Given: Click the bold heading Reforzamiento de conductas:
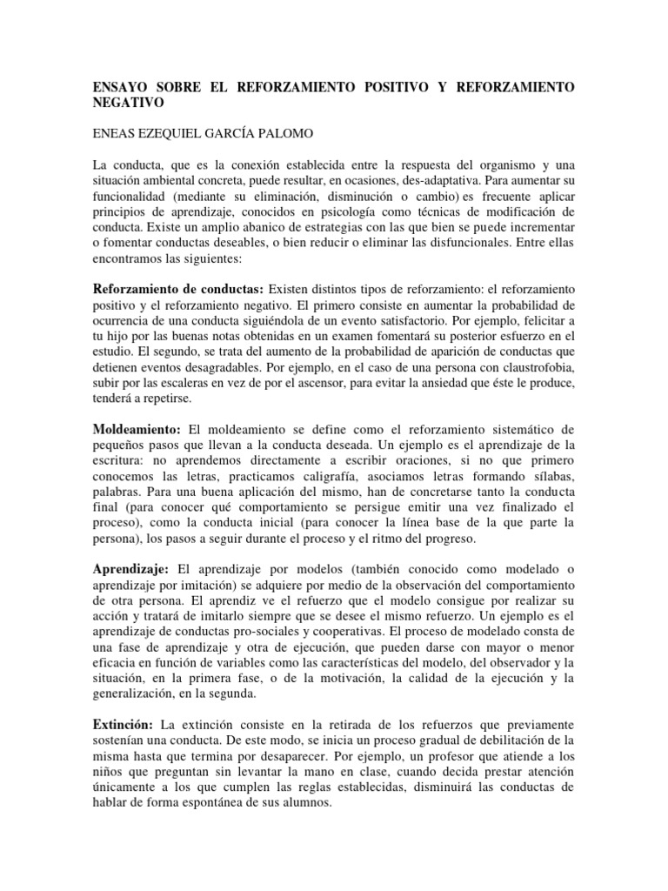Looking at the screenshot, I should pos(178,288).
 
